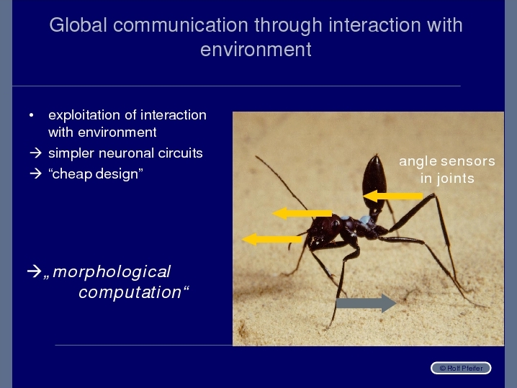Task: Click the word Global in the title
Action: [x=78, y=25]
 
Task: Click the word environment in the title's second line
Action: [x=256, y=50]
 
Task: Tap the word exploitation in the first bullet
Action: [x=84, y=115]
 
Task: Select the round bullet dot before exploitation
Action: [x=32, y=115]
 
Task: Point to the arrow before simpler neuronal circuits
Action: [x=35, y=153]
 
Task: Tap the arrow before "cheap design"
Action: [x=35, y=173]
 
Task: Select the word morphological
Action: [x=112, y=272]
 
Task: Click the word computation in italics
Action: [x=130, y=292]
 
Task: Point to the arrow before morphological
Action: [x=34, y=271]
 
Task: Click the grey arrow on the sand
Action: [x=366, y=303]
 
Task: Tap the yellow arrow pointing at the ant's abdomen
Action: [x=392, y=196]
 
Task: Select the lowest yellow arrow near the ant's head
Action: [x=272, y=239]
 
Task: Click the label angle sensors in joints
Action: [x=447, y=170]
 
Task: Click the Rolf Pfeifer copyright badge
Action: [x=461, y=368]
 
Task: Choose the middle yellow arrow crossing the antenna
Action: [x=302, y=213]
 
